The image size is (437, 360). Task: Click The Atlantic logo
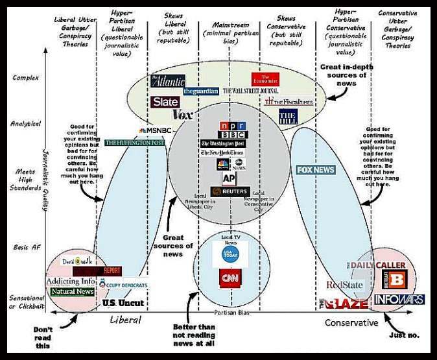coord(168,81)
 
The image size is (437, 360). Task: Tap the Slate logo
coord(165,102)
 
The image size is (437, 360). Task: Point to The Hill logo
coord(288,117)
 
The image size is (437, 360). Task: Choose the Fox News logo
coord(316,170)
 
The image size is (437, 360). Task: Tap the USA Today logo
coord(230,253)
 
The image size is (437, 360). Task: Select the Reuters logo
coord(230,192)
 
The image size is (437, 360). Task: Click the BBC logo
coord(233,134)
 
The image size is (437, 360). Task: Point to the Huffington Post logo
coord(134,143)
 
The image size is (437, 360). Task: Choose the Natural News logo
coord(72,292)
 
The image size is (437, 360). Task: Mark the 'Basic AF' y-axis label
coord(27,247)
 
